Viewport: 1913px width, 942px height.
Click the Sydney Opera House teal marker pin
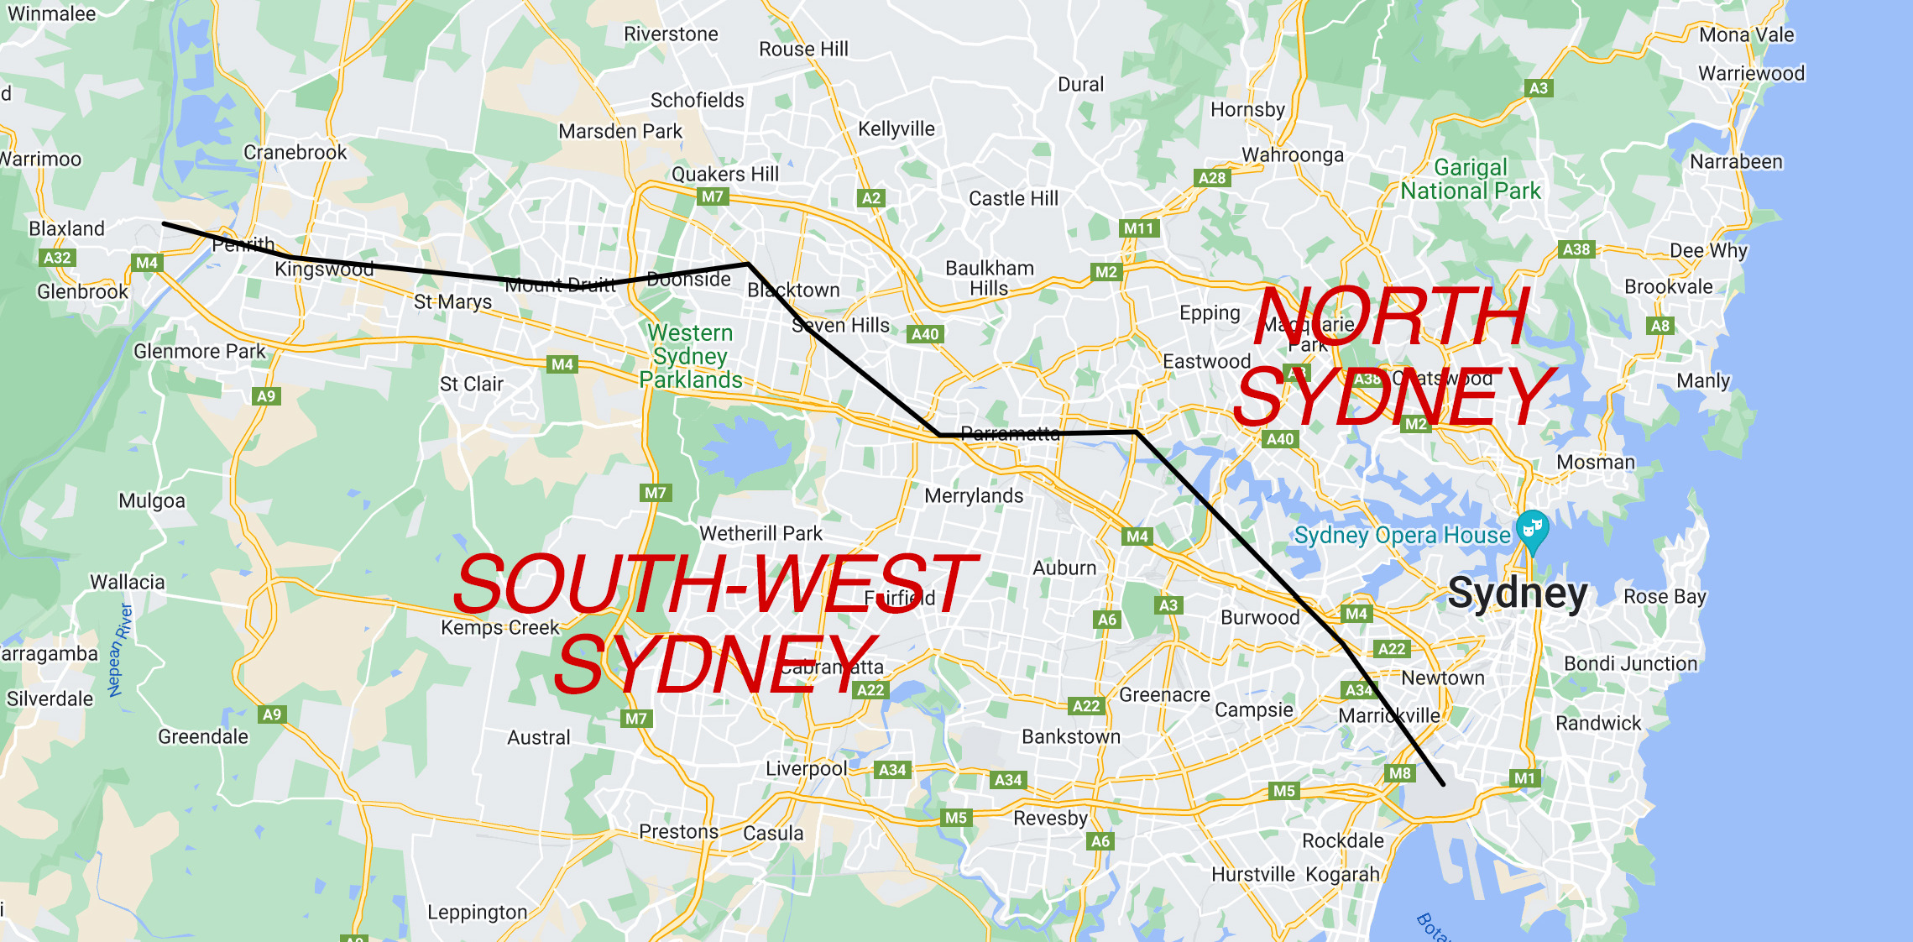coord(1532,530)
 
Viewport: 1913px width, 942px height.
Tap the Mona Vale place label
coord(1746,35)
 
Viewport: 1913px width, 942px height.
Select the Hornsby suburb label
coord(1247,110)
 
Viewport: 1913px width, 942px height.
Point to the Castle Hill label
coord(1013,199)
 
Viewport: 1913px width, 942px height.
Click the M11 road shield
coord(1138,228)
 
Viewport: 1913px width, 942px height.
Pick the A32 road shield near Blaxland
coord(57,258)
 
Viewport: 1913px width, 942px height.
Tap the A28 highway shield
coord(1212,178)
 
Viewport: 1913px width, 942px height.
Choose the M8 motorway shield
coord(1400,773)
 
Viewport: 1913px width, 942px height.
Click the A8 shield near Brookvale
coord(1660,326)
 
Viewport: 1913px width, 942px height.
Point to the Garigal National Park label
coord(1471,180)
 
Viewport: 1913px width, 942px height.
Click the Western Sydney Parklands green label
coord(691,357)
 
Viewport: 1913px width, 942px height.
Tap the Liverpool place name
coord(806,769)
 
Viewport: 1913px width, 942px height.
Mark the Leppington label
coord(477,913)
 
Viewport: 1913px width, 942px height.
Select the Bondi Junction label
coord(1630,664)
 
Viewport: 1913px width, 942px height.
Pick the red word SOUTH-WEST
coord(714,584)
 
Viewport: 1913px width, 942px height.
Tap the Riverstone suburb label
coord(671,34)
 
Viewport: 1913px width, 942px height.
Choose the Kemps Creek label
coord(499,628)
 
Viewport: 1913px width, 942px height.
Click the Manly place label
coord(1703,381)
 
